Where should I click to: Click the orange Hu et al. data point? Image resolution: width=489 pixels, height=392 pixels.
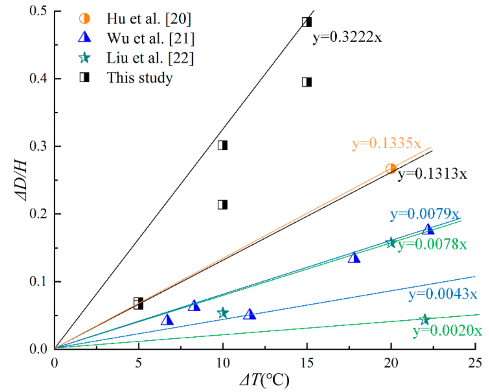tap(391, 169)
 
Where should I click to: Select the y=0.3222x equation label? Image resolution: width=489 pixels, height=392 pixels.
tap(347, 37)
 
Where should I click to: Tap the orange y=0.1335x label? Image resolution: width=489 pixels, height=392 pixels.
tap(386, 143)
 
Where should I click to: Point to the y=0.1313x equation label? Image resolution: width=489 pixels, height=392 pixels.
tap(432, 174)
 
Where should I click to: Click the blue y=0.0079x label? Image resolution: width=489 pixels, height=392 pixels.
tap(424, 214)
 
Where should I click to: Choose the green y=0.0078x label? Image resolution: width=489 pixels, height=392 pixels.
tap(432, 244)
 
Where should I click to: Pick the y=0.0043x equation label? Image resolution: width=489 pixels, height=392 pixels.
tap(443, 294)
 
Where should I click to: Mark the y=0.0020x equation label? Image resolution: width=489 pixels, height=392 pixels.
tap(447, 330)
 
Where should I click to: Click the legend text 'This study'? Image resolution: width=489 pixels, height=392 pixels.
tap(140, 78)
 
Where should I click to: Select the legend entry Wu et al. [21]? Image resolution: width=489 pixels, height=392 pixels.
tap(150, 38)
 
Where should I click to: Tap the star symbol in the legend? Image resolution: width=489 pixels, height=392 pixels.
tap(84, 58)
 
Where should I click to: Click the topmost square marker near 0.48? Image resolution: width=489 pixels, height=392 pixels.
tap(307, 22)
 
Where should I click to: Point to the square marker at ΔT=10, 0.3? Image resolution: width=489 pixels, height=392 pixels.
tap(222, 145)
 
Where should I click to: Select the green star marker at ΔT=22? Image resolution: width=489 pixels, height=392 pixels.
tap(424, 319)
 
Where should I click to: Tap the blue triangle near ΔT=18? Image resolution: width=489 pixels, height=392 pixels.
tap(354, 258)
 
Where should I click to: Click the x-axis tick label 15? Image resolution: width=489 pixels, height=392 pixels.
tap(307, 363)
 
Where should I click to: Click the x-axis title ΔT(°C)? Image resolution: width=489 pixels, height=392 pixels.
tap(265, 380)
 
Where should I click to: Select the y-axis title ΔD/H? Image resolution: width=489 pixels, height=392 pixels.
tap(21, 180)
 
